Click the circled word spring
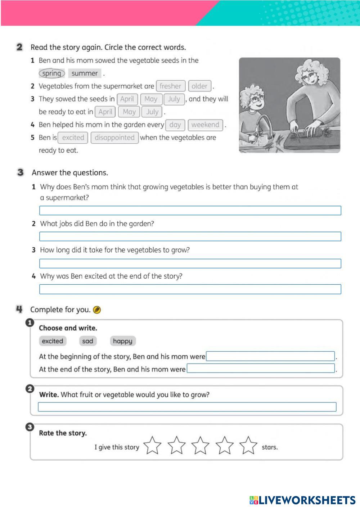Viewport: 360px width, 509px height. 51,73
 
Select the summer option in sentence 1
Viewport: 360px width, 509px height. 85,73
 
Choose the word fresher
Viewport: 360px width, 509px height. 170,86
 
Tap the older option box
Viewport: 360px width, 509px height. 199,86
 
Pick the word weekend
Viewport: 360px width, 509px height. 205,125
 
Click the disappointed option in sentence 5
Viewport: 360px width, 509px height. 114,138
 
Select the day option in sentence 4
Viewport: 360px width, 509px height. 175,125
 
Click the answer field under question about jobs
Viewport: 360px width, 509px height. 190,237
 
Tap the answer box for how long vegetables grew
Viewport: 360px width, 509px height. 190,263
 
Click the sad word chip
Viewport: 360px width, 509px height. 87,341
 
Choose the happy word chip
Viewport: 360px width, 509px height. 123,341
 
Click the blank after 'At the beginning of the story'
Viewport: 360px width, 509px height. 270,356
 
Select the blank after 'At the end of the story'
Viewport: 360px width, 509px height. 261,369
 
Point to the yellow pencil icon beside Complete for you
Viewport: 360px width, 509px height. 97,310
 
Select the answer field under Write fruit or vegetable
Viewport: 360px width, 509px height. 187,407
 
